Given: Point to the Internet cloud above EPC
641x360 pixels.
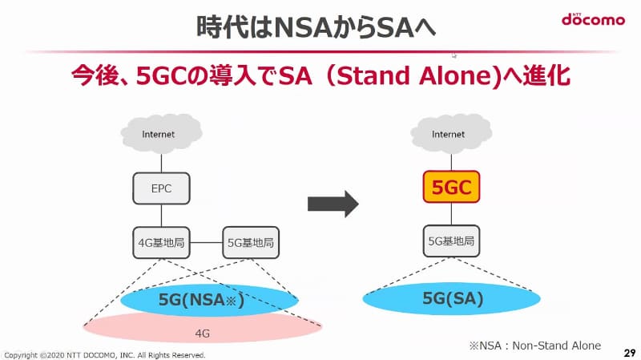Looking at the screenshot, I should click(x=158, y=134).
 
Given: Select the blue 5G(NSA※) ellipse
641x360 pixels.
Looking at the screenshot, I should click(x=208, y=301).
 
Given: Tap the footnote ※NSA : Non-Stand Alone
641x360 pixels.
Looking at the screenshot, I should click(x=535, y=345).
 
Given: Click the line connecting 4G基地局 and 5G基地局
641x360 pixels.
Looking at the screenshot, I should click(x=205, y=241).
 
